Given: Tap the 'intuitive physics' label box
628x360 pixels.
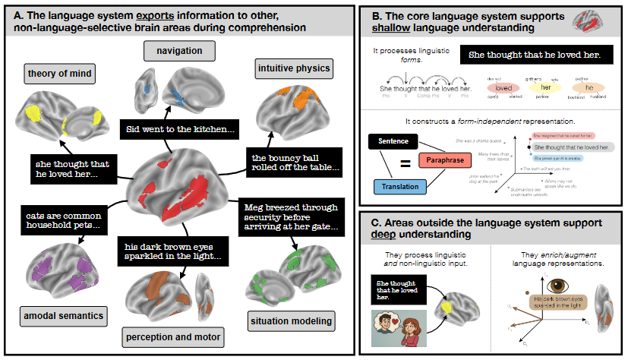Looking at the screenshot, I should click(x=295, y=69).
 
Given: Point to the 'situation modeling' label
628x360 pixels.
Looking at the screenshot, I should click(x=292, y=321).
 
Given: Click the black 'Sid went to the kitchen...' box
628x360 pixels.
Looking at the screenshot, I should click(x=178, y=130).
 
